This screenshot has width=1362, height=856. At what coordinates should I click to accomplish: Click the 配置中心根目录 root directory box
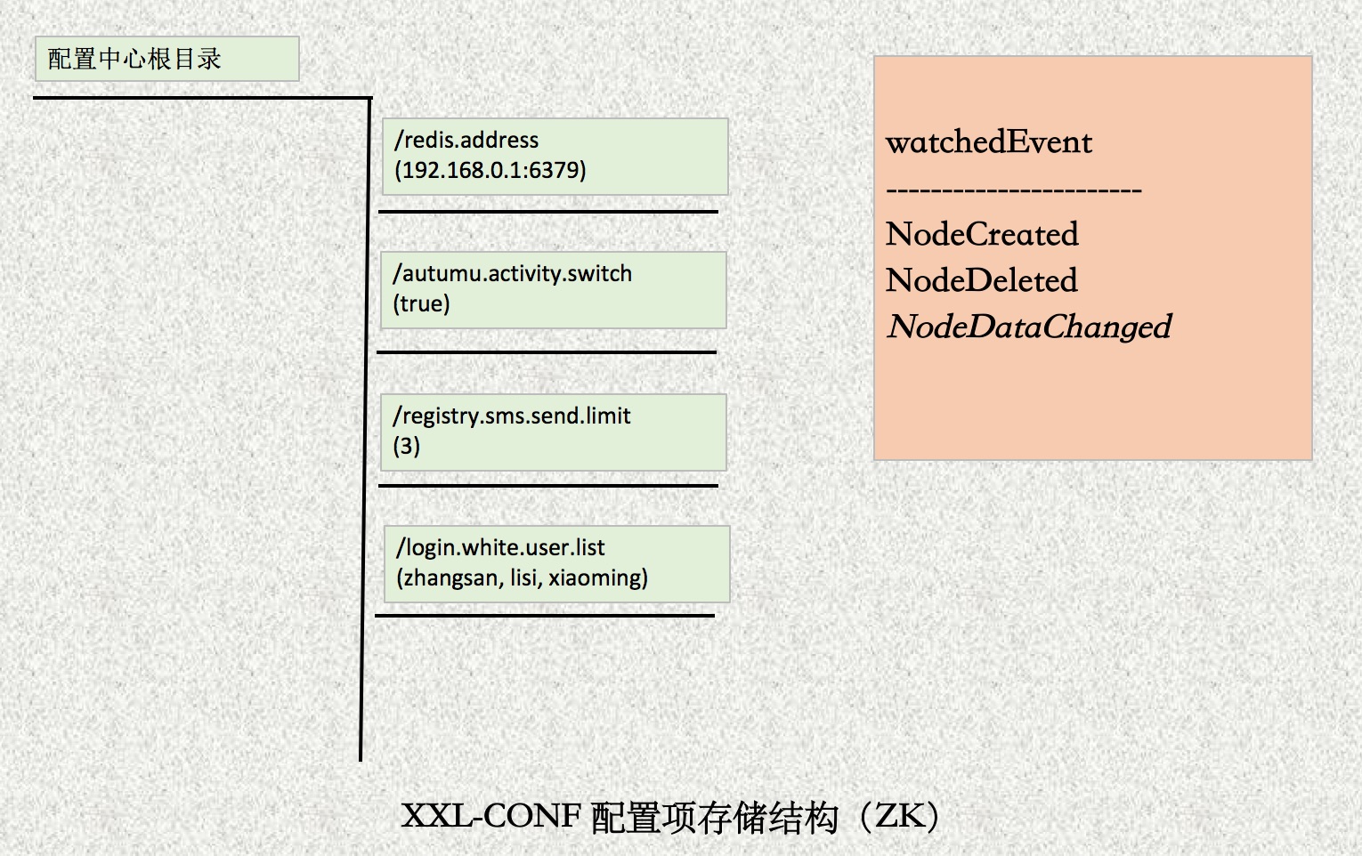pos(167,59)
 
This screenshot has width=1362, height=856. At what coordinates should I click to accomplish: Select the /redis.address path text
pos(466,141)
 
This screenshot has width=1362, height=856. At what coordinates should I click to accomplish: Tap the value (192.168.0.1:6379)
pos(490,170)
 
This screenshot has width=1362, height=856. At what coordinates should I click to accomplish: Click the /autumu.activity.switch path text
pos(512,274)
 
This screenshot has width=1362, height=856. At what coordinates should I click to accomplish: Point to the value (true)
pos(421,303)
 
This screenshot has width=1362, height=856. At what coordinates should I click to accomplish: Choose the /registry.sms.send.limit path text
pos(511,416)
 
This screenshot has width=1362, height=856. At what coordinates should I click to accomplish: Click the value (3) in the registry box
pos(406,446)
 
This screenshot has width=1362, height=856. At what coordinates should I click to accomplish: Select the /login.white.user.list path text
pos(499,548)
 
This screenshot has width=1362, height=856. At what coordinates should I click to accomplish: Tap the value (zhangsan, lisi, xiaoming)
pos(522,577)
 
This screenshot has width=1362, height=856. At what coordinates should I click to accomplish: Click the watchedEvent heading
pos(989,142)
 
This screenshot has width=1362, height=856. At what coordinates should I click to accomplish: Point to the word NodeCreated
pos(981,234)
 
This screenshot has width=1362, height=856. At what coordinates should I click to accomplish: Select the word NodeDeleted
pos(981,280)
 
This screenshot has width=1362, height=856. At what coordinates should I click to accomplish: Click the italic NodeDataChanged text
pos(1029,327)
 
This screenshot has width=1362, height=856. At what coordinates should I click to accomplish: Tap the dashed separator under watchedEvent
pos(1014,190)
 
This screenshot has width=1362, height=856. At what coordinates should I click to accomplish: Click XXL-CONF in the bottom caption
pos(491,816)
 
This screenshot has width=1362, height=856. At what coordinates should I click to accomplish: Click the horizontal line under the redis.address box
pos(547,212)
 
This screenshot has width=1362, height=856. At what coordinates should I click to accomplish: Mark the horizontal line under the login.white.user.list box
pos(545,616)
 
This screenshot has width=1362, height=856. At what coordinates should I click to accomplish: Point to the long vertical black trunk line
pos(365,429)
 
